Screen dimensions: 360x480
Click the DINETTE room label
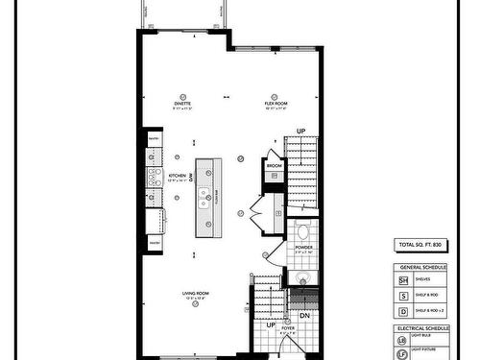pos(182,102)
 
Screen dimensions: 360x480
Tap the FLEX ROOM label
pos(276,102)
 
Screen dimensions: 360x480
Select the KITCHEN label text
pos(178,177)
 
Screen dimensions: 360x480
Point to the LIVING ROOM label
pos(196,293)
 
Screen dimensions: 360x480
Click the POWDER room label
pos(303,247)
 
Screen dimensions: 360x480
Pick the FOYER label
pos(288,328)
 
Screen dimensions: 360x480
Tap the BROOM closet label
pos(274,165)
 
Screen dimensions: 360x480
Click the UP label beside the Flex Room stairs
pos(300,132)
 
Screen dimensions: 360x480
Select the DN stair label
pos(304,315)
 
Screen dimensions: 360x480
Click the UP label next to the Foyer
pos(272,325)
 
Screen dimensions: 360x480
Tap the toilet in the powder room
pos(302,231)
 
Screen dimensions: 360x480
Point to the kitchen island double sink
pos(204,198)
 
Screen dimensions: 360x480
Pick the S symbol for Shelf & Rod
pos(404,297)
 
